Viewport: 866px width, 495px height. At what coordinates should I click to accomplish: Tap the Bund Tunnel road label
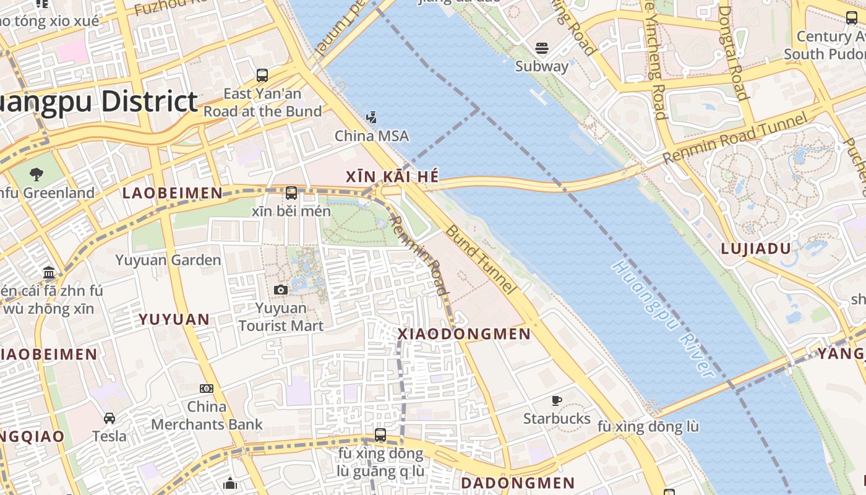pyautogui.click(x=480, y=259)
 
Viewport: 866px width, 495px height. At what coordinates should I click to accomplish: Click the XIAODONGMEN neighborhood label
pyautogui.click(x=464, y=334)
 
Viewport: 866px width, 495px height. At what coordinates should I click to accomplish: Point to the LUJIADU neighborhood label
pyautogui.click(x=756, y=249)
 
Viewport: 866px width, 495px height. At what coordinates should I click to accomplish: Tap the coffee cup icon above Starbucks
pyautogui.click(x=557, y=400)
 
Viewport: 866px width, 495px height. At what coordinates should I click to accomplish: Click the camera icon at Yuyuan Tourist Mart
pyautogui.click(x=281, y=290)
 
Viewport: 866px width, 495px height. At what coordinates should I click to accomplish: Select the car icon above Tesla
pyautogui.click(x=109, y=418)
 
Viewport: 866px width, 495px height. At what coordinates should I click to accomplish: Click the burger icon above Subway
pyautogui.click(x=542, y=48)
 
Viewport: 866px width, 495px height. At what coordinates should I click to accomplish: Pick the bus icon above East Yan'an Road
pyautogui.click(x=262, y=75)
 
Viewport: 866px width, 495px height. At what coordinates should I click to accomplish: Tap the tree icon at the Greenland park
pyautogui.click(x=36, y=174)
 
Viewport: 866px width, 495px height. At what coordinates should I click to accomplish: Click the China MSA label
pyautogui.click(x=372, y=136)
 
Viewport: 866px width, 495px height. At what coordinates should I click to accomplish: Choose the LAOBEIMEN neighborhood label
pyautogui.click(x=172, y=193)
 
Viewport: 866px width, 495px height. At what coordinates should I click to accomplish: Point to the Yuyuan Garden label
pyautogui.click(x=168, y=260)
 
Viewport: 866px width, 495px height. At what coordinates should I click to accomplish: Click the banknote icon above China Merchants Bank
pyautogui.click(x=207, y=389)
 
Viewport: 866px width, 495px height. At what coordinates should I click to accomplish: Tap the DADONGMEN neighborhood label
pyautogui.click(x=518, y=483)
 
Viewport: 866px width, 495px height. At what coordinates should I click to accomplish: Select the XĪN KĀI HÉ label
pyautogui.click(x=392, y=177)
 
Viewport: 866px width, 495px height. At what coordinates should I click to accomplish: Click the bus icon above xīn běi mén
pyautogui.click(x=291, y=193)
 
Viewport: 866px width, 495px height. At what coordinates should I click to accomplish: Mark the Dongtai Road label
pyautogui.click(x=734, y=53)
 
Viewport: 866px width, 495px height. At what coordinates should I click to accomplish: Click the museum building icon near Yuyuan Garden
pyautogui.click(x=49, y=272)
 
